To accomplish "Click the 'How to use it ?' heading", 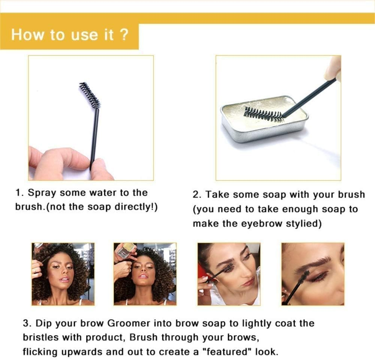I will [70, 35].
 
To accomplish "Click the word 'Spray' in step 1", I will [43, 193].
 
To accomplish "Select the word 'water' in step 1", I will [103, 193].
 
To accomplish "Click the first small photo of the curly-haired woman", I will [63, 274].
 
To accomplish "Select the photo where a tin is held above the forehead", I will [145, 274].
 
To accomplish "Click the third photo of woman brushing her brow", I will [229, 274].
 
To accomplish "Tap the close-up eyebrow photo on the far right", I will [312, 274].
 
